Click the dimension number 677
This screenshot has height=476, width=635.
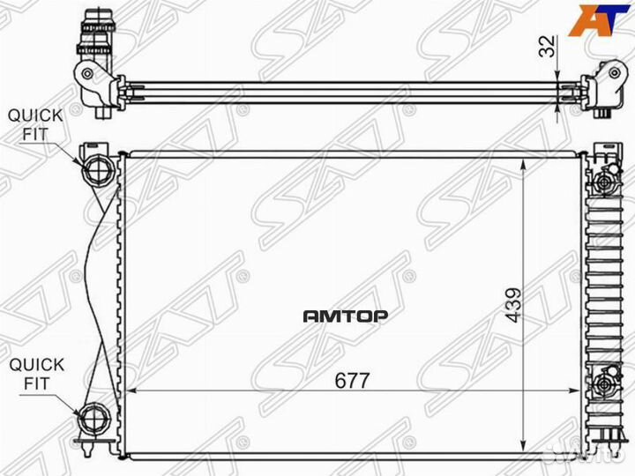click(x=351, y=380)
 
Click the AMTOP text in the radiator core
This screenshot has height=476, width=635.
click(x=346, y=314)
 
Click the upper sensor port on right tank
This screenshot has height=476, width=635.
click(x=605, y=182)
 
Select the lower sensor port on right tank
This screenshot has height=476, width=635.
click(x=604, y=385)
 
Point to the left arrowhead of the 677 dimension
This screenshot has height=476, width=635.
click(x=131, y=390)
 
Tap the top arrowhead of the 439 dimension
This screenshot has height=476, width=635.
click(x=527, y=163)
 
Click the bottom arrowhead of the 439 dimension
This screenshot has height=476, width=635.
click(x=527, y=450)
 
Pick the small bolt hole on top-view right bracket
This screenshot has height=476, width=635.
click(x=606, y=74)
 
